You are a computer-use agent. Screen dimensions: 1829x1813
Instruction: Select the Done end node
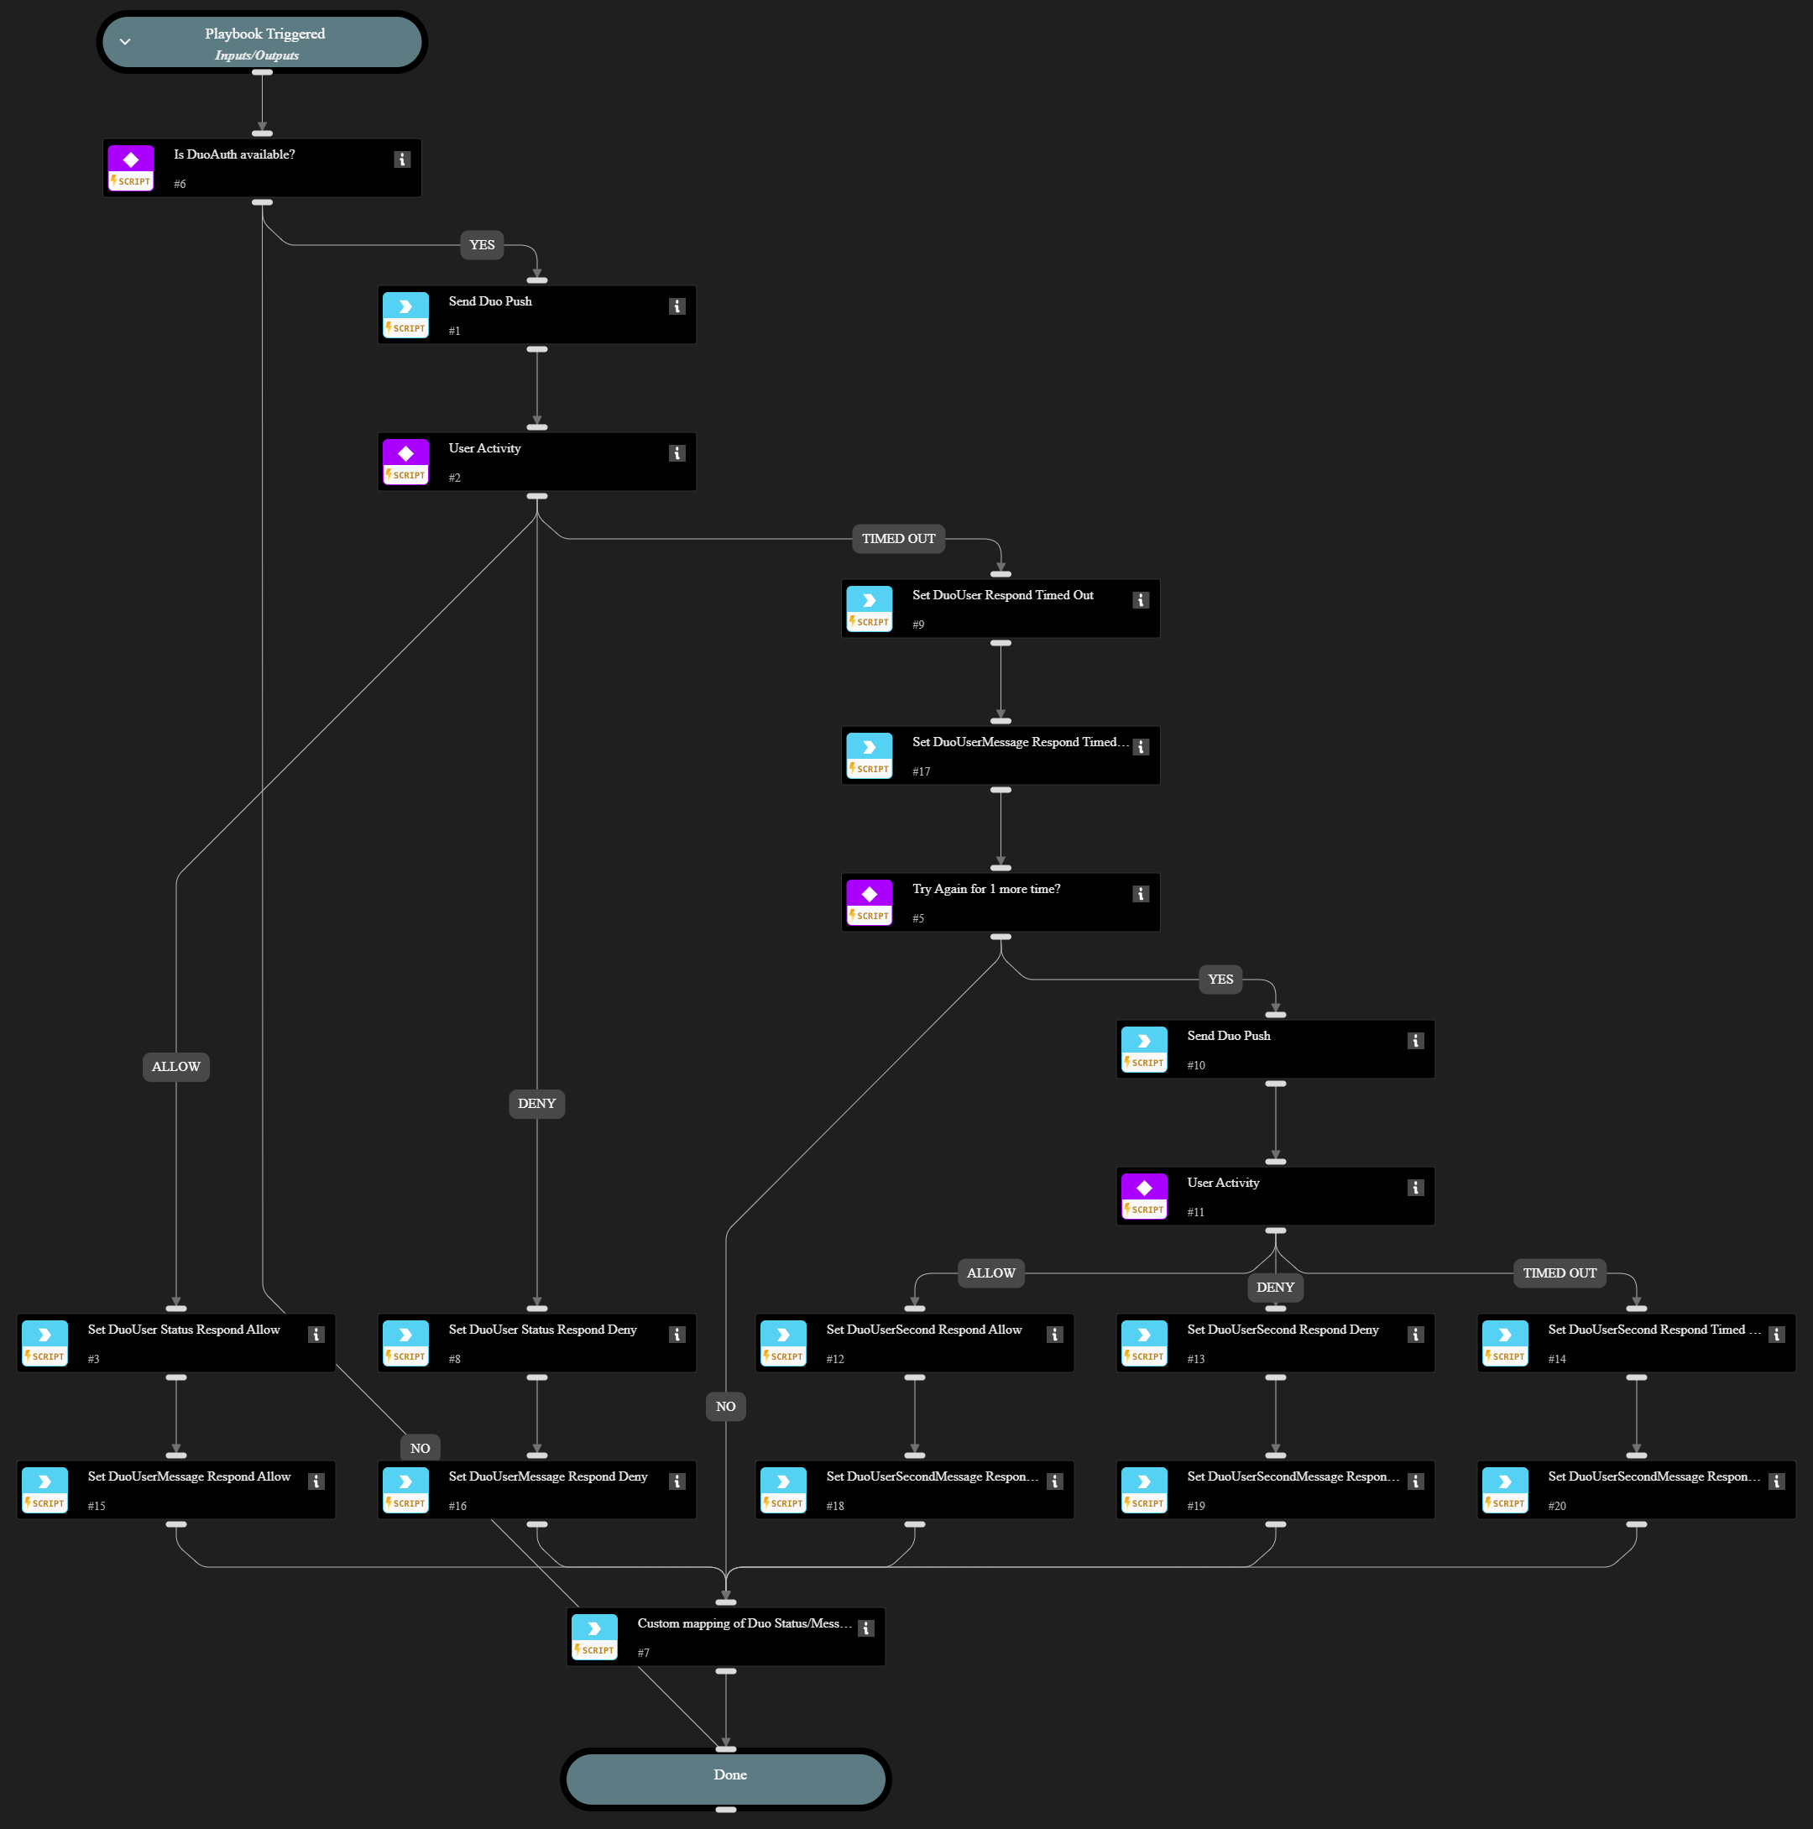725,1776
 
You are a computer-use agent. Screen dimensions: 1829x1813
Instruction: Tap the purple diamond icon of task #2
406,453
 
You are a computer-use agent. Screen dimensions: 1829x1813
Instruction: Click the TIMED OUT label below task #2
898,539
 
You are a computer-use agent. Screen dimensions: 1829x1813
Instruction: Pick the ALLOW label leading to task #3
176,1067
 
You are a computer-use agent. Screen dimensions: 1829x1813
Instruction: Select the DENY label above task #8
537,1104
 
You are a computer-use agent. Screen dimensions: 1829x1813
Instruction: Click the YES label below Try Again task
1220,980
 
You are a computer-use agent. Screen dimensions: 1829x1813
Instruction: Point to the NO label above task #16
421,1449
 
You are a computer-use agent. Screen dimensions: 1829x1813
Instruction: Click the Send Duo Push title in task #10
1229,1036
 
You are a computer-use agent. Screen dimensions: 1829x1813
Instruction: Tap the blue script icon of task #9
869,600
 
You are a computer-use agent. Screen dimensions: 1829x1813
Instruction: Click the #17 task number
921,771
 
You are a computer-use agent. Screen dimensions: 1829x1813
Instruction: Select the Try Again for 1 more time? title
986,889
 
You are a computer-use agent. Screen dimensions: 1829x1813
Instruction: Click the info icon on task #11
1415,1188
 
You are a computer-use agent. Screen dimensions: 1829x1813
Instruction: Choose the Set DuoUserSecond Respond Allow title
924,1330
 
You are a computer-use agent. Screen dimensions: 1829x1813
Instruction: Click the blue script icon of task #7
594,1628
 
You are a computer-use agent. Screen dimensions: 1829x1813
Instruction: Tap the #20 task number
1557,1506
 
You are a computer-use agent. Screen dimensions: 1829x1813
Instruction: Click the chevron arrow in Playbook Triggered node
125,43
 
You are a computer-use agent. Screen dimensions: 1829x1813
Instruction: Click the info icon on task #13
1415,1335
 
